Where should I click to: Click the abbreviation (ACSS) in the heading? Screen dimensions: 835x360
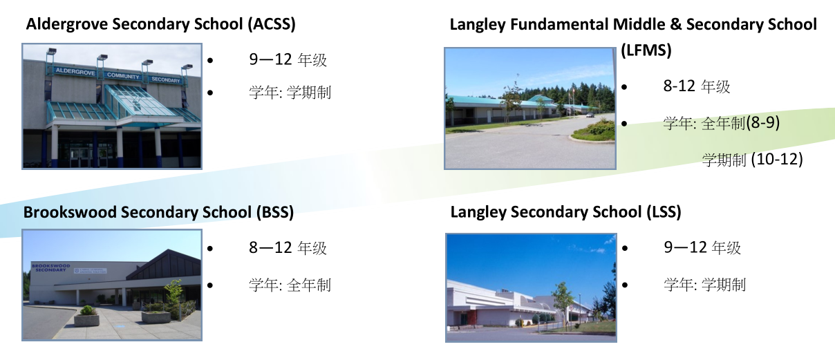272,24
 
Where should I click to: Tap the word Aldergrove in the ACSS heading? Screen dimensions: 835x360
67,25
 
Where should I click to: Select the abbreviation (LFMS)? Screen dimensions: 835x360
646,50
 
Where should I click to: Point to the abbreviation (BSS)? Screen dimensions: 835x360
274,212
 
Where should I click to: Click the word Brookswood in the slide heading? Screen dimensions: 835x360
70,212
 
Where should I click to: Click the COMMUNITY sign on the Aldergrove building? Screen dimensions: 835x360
123,75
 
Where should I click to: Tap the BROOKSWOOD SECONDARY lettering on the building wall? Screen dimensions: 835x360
50,267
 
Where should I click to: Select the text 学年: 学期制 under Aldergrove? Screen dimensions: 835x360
290,93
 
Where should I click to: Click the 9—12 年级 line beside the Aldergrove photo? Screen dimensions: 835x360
288,59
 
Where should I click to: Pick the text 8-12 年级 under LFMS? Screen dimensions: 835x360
696,86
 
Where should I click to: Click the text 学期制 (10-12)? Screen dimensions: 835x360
752,160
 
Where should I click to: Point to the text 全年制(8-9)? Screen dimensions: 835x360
741,122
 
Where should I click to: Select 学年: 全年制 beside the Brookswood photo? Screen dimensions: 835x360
290,285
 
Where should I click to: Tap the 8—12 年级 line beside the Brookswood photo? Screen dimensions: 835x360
288,248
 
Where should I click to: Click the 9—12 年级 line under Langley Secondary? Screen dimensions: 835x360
702,247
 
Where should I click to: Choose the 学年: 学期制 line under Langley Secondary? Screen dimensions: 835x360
704,285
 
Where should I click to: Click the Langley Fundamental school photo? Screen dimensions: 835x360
530,108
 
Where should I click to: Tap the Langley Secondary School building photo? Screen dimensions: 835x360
531,287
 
